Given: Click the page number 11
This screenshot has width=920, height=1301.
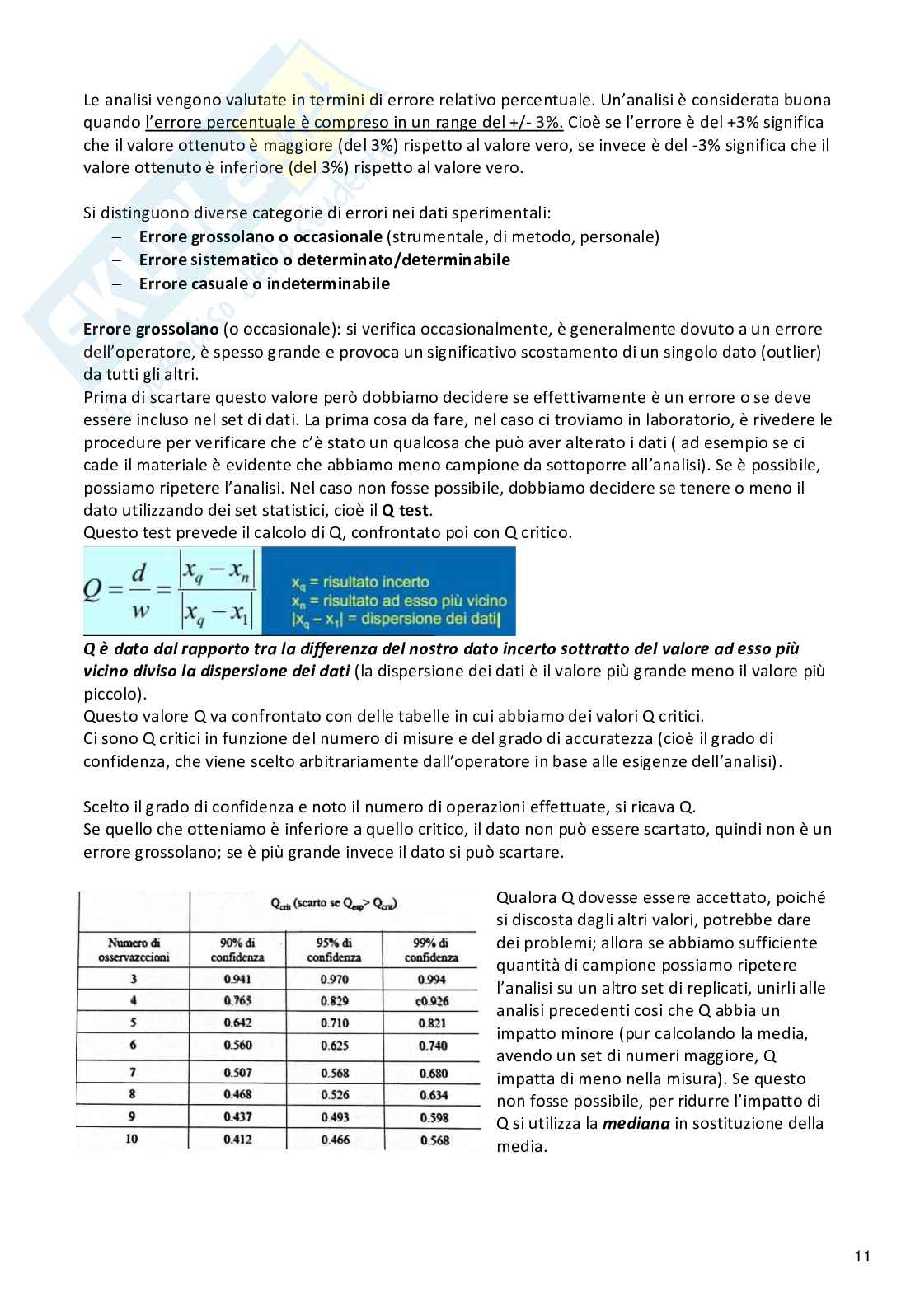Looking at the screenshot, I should (x=862, y=1257).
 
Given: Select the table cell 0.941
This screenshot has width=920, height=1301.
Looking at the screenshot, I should (x=237, y=979).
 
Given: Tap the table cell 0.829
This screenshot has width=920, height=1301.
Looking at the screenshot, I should (x=334, y=1000).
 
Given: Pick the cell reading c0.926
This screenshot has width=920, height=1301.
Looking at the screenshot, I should (x=432, y=1001).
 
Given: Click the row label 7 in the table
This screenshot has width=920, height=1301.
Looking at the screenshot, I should (x=133, y=1073).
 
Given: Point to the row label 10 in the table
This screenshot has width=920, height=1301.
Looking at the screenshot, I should (x=133, y=1139).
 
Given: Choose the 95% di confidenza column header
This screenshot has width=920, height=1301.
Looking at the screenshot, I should (x=334, y=950).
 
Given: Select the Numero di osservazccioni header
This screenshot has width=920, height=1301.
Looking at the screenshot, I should (x=134, y=950).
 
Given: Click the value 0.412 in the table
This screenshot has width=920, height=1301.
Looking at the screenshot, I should (x=237, y=1140).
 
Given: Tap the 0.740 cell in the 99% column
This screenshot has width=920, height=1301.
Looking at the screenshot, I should (x=433, y=1046).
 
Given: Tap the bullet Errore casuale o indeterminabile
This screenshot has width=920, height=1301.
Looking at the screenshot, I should (x=264, y=283).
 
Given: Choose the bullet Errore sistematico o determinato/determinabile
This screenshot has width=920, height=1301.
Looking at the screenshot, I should (x=324, y=260).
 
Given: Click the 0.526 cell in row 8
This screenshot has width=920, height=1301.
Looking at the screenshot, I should (x=334, y=1095).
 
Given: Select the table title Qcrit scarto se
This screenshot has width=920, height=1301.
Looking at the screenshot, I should (x=334, y=904).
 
